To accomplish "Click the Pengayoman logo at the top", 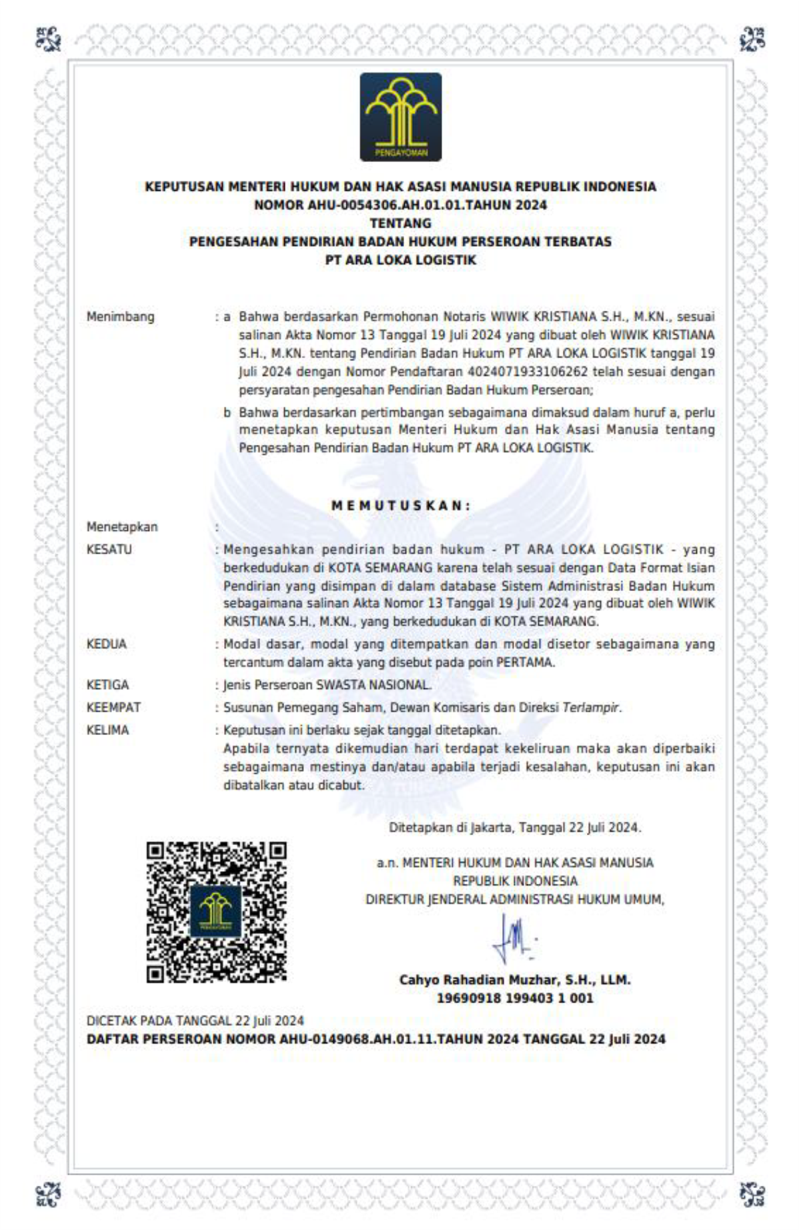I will pos(400,117).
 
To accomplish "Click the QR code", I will pos(216,911).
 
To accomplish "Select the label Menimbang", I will pos(120,317).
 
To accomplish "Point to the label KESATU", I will pos(109,550).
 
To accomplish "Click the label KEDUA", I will pos(106,644).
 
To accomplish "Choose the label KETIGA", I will pos(107,685).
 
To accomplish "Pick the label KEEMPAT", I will pos(113,707).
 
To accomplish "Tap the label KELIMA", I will pos(107,730).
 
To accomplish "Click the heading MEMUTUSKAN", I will pos(400,506).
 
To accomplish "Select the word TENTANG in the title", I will pos(400,223).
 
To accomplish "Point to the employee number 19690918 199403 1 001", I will pos(515,999).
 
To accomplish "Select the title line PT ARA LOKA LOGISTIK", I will pos(400,260).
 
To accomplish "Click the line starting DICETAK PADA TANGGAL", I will pos(195,1021).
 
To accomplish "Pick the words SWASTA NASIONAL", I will pos(373,685).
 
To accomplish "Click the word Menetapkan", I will pos(122,527).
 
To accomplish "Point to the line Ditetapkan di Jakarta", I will pos(515,828).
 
